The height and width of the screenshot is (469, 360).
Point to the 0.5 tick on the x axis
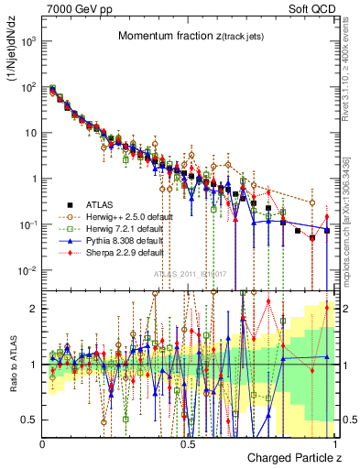188,442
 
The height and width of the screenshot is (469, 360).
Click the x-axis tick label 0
43,442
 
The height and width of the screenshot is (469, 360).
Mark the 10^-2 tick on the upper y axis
28,270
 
